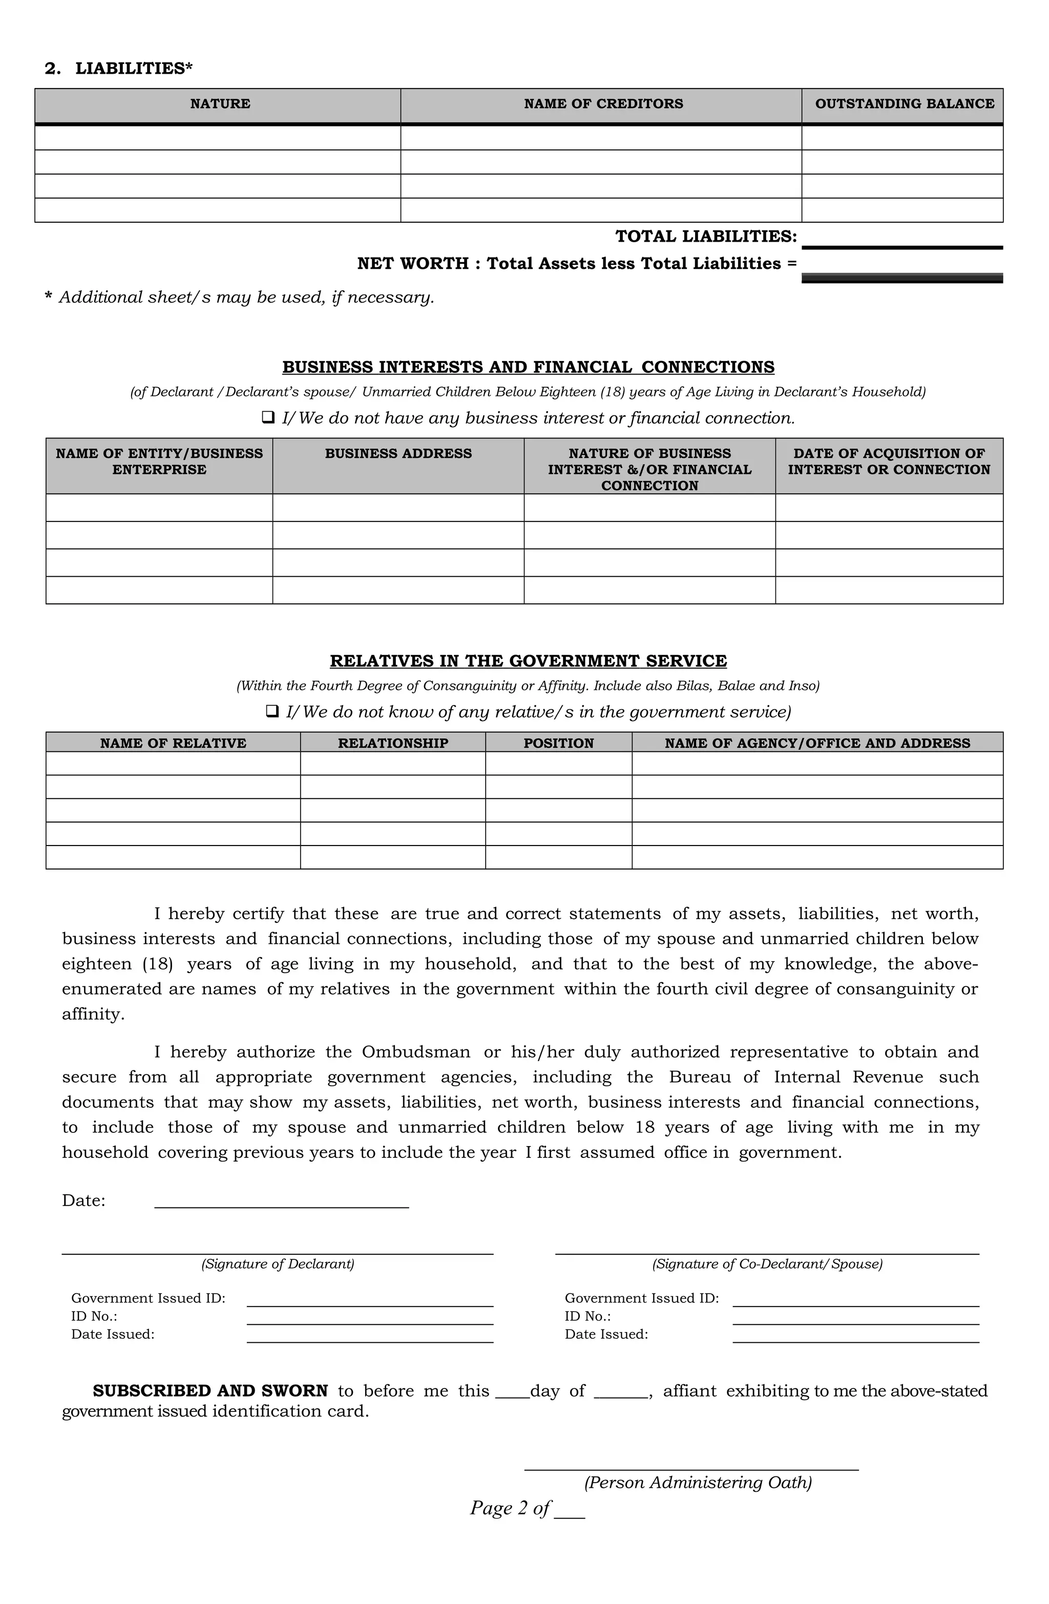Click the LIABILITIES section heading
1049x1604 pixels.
click(119, 69)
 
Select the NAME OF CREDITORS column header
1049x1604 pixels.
click(603, 104)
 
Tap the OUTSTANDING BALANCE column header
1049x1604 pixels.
click(904, 104)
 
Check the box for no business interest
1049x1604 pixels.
click(268, 418)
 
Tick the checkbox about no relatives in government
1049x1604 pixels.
click(272, 712)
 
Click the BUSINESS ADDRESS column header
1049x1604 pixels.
click(398, 454)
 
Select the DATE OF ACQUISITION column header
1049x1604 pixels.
click(889, 461)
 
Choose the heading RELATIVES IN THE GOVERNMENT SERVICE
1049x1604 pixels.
click(528, 661)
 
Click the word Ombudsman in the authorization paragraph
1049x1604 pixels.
click(416, 1052)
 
